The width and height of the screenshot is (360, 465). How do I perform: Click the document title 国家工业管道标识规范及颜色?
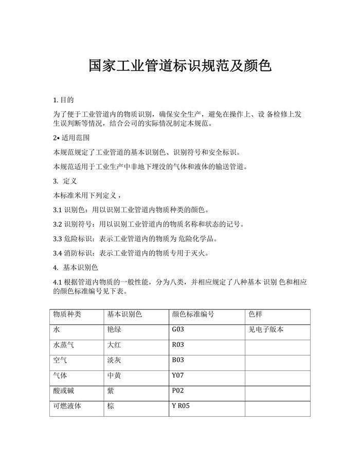179,66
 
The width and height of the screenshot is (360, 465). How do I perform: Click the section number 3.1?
58,210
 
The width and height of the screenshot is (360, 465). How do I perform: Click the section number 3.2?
58,225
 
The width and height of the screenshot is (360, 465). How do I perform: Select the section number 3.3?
58,239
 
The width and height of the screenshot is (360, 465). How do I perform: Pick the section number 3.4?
58,253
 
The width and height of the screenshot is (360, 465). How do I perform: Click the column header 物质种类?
67,314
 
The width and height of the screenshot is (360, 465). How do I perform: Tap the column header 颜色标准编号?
193,314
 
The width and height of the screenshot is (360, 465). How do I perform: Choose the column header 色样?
256,314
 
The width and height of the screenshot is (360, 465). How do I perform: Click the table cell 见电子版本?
266,329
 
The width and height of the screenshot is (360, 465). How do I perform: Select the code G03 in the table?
177,329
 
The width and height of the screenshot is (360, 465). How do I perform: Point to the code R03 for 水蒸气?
177,345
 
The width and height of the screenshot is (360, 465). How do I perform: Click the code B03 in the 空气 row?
177,360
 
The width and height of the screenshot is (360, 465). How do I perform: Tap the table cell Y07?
177,376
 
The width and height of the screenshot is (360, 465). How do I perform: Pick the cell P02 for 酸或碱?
177,391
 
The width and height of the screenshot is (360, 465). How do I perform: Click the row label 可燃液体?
67,406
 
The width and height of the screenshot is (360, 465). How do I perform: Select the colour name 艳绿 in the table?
114,329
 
